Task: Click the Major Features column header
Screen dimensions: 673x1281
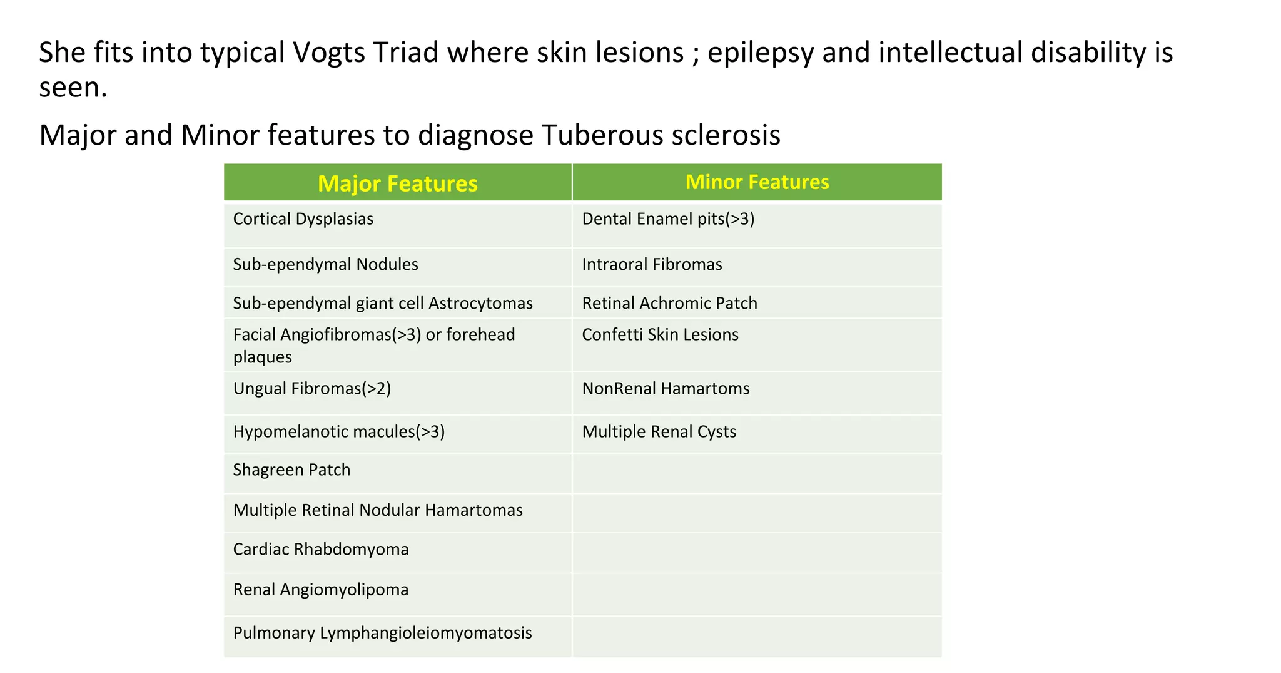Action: (x=398, y=183)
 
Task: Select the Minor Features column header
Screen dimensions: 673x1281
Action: (x=757, y=182)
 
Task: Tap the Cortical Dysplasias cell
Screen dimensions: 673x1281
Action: (x=303, y=219)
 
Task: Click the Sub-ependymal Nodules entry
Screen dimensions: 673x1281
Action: (x=325, y=264)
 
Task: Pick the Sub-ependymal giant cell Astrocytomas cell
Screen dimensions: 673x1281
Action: (x=383, y=303)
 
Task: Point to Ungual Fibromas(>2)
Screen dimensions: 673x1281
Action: (x=312, y=389)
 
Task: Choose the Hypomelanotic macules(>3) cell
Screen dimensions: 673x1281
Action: (x=339, y=432)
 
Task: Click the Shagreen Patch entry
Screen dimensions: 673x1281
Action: (x=291, y=470)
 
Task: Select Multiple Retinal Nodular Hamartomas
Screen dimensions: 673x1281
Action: (x=378, y=510)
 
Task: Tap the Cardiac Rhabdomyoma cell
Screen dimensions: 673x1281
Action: (x=321, y=549)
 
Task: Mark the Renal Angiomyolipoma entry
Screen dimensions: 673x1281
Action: (x=321, y=590)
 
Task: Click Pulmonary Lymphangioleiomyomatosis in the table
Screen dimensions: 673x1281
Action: (x=382, y=633)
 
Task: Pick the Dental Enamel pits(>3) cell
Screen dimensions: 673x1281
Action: (x=668, y=219)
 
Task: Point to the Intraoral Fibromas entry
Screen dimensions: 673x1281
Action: (x=652, y=264)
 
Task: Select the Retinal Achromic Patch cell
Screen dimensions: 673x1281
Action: (x=669, y=303)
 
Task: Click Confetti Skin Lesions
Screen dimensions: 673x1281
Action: (x=660, y=335)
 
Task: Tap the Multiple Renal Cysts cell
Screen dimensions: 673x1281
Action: (x=659, y=432)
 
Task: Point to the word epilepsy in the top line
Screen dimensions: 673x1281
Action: (x=761, y=53)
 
